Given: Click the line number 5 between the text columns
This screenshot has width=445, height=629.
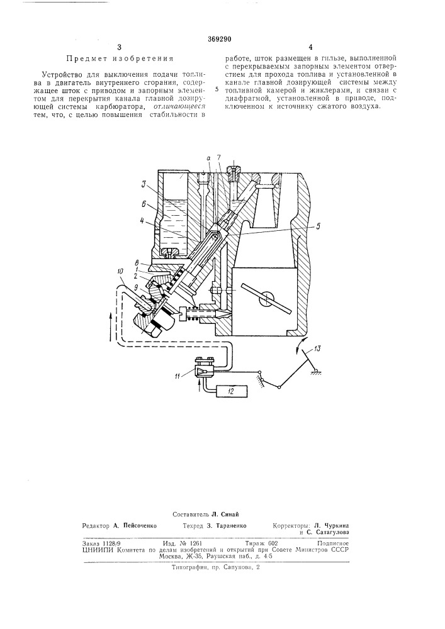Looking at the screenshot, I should tap(217, 89).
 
